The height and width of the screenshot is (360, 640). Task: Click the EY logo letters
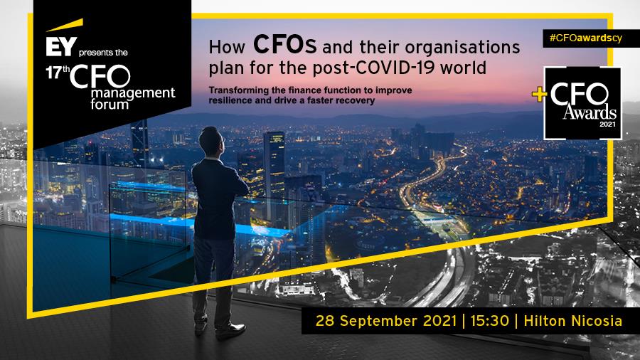[x=61, y=46]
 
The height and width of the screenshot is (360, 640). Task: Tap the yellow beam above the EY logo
[x=65, y=25]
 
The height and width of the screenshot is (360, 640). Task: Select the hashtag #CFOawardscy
[x=586, y=38]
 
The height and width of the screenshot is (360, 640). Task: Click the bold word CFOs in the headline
[x=284, y=45]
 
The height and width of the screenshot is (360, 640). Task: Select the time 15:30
[x=490, y=320]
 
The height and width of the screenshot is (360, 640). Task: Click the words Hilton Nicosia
[x=572, y=320]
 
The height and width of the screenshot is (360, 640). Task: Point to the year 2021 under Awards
[x=607, y=124]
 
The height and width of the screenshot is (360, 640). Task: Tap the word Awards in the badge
[x=590, y=112]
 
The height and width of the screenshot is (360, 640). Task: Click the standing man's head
[x=211, y=141]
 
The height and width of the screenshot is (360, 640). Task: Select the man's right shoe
[x=230, y=331]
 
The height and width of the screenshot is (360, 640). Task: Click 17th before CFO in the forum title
[x=57, y=73]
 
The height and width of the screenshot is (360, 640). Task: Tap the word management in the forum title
[x=133, y=93]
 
